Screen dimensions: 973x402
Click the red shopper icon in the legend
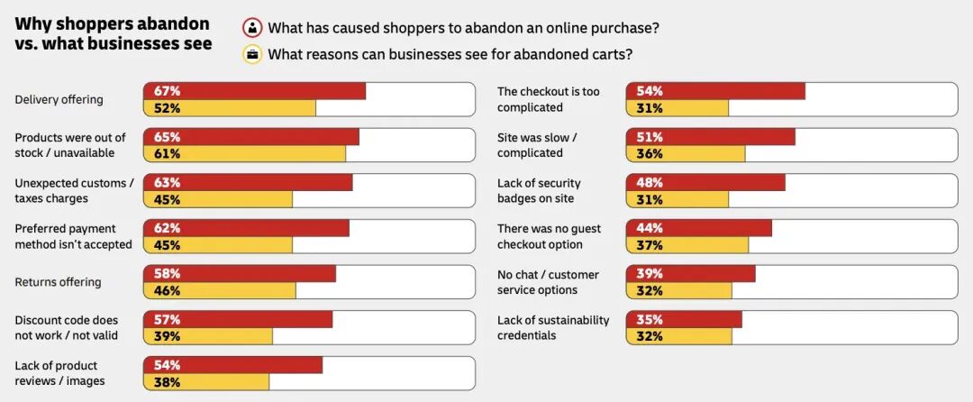pos(252,29)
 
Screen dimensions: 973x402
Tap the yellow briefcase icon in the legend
pos(252,55)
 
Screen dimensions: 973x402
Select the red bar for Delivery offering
pos(254,90)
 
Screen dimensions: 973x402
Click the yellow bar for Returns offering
pos(220,290)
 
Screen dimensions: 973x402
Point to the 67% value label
pos(167,91)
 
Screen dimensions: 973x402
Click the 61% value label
pos(167,153)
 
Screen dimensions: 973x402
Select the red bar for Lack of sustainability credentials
pos(685,319)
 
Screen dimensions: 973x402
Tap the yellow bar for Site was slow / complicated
pos(686,153)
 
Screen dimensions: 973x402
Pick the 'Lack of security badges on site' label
pos(539,190)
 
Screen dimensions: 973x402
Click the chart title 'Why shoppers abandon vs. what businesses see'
pos(113,33)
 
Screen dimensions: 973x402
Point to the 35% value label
pos(650,320)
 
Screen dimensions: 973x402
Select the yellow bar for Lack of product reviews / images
pos(206,381)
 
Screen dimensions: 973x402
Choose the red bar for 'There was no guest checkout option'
pos(699,228)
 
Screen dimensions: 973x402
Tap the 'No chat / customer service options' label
pos(548,281)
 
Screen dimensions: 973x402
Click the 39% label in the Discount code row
pos(167,336)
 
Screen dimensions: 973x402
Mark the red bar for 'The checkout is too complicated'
pos(716,90)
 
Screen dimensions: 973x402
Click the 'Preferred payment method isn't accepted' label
pos(73,236)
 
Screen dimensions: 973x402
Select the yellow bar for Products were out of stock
pos(244,153)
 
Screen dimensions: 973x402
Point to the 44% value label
pos(650,228)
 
